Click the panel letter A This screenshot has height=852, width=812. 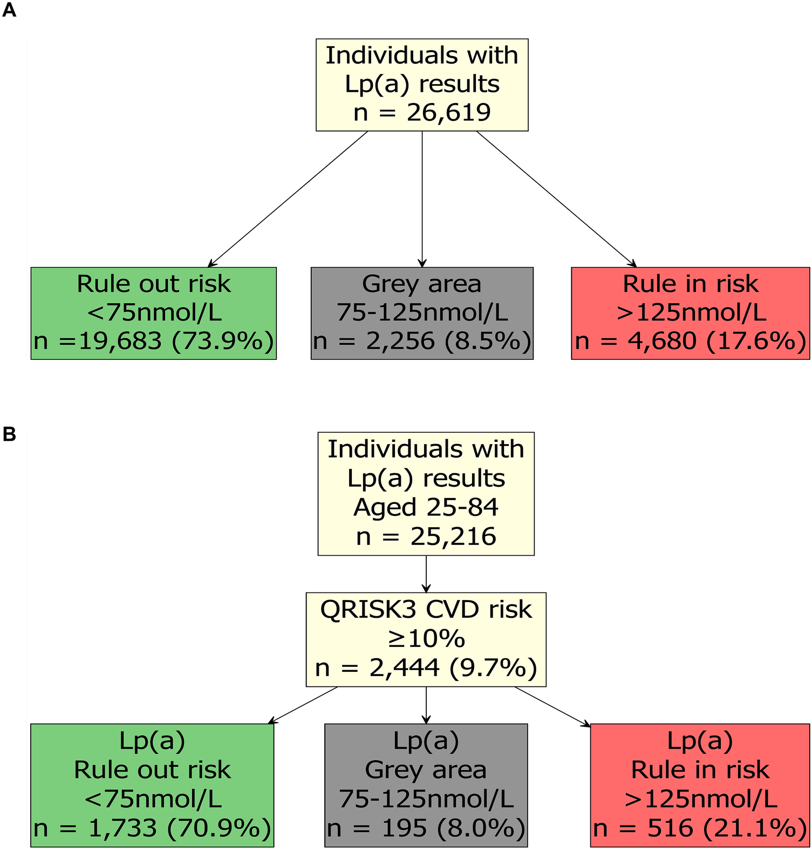9,10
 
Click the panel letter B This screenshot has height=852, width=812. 9,434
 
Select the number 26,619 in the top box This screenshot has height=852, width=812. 448,112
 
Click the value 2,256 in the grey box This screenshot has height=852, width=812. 400,340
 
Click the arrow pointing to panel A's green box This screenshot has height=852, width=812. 288,199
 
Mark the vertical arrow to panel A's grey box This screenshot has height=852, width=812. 422,199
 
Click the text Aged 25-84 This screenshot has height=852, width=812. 426,507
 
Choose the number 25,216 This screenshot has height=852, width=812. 453,536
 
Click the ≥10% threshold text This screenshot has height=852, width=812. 426,639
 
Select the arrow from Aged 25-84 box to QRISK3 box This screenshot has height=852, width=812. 426,574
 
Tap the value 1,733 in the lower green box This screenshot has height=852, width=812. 122,828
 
